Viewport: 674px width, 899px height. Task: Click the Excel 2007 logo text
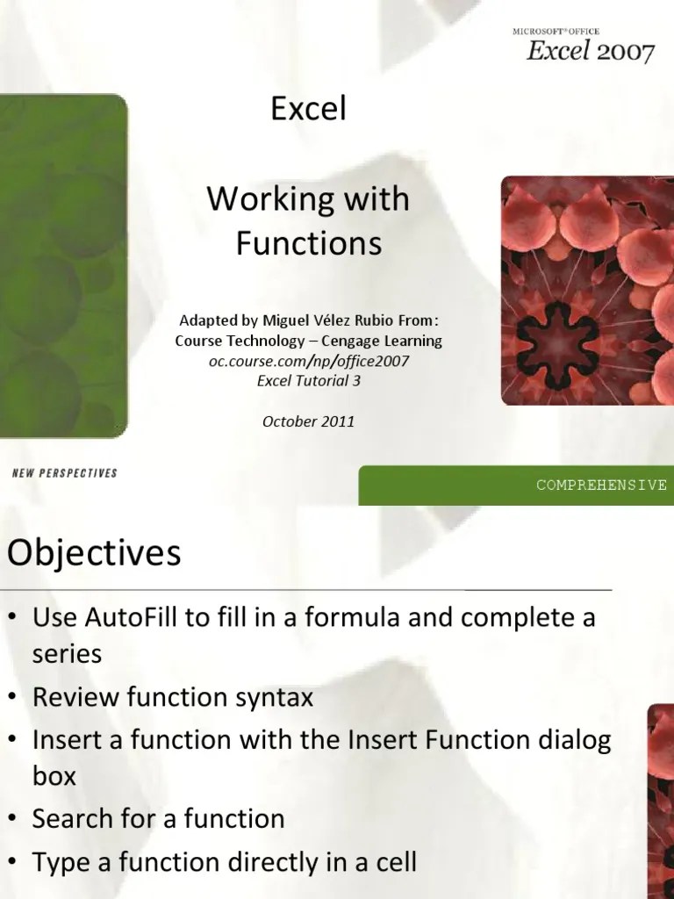pyautogui.click(x=590, y=52)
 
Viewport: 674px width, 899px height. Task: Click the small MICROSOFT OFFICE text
pyautogui.click(x=556, y=31)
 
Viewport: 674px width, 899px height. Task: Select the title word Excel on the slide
pyautogui.click(x=308, y=110)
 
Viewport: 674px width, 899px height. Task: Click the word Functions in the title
pyautogui.click(x=309, y=243)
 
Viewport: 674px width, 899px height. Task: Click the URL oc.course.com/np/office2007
pyautogui.click(x=309, y=360)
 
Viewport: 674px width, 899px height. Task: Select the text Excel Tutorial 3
pyautogui.click(x=309, y=380)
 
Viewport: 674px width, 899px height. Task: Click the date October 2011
pyautogui.click(x=309, y=421)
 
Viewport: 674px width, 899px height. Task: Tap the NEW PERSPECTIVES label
pyautogui.click(x=65, y=473)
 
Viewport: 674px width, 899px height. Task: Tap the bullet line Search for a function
pyautogui.click(x=159, y=819)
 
